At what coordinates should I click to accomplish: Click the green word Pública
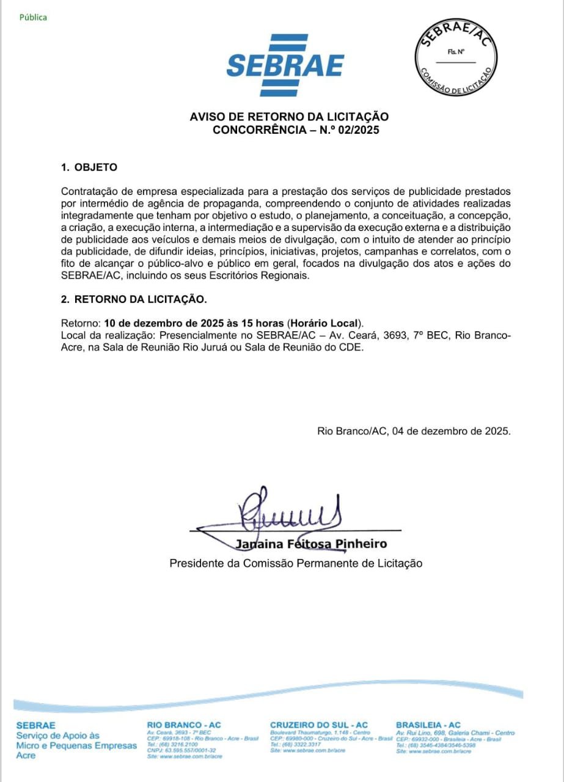[33, 17]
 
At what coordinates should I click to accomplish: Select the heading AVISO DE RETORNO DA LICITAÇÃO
[289, 117]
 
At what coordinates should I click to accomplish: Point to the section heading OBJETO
[95, 167]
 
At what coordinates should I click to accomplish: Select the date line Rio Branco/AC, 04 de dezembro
[414, 431]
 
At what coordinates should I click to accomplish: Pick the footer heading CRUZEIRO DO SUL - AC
[319, 725]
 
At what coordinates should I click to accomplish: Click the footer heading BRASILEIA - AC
[428, 725]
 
